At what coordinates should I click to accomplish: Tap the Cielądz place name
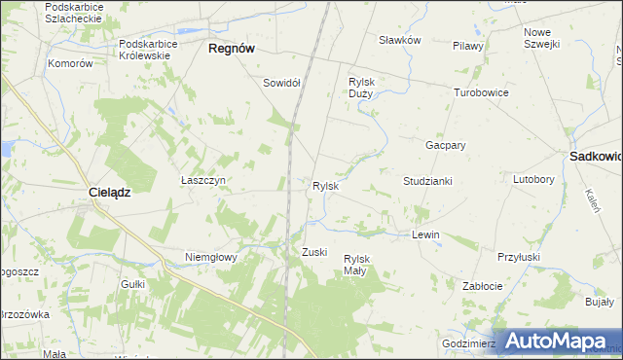[x=109, y=193]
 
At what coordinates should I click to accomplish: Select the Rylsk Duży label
[x=362, y=88]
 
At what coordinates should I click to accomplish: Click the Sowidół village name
[x=280, y=83]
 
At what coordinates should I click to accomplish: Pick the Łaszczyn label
[x=203, y=180]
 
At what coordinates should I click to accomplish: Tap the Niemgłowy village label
[x=211, y=257]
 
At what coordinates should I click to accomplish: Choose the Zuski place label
[x=314, y=252]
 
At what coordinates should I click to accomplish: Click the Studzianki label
[x=427, y=181]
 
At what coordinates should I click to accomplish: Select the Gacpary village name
[x=445, y=144]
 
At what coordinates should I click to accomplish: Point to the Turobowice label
[x=481, y=92]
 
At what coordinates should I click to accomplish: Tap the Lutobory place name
[x=533, y=180]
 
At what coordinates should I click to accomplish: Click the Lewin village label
[x=425, y=235]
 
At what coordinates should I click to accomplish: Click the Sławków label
[x=399, y=40]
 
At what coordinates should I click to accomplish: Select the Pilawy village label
[x=467, y=46]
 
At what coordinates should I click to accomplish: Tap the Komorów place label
[x=70, y=63]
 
